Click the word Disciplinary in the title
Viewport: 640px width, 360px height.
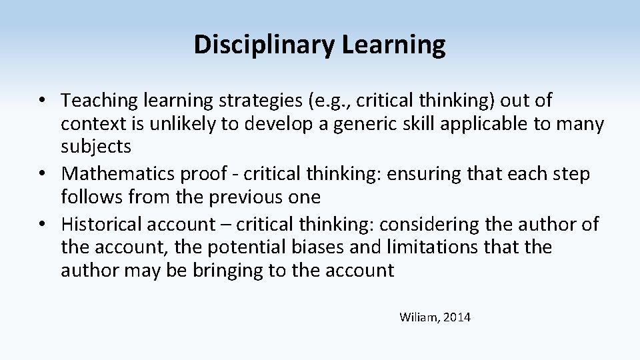tap(264, 45)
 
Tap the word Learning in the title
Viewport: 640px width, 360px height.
tap(393, 45)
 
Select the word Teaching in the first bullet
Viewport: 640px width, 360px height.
tap(99, 101)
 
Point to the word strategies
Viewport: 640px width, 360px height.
tap(261, 101)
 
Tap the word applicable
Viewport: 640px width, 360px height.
tap(483, 124)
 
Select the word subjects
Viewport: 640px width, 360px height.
tap(96, 147)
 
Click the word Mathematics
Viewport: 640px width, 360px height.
tap(117, 173)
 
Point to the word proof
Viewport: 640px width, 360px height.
tap(203, 174)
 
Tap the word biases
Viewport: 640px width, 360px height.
tap(317, 247)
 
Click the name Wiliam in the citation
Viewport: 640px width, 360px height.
tap(419, 317)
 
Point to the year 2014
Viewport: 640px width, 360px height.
tap(457, 317)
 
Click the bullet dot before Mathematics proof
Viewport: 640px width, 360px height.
tap(42, 173)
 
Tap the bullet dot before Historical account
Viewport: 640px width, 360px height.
tap(42, 224)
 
